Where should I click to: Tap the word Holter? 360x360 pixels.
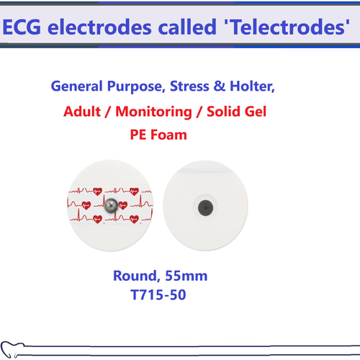(x=252, y=87)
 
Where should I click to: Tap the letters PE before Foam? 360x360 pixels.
(x=140, y=135)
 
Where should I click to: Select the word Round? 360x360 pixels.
(x=135, y=275)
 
